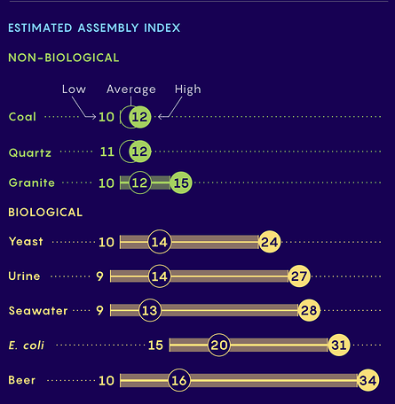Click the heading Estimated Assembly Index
tap(94, 27)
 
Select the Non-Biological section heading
tap(63, 58)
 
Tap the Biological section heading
tap(45, 213)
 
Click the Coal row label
tap(23, 117)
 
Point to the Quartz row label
tap(29, 151)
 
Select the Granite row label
tap(32, 183)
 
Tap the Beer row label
tap(22, 380)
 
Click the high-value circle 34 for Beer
tap(367, 380)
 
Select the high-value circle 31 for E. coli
tap(338, 346)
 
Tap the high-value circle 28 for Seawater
tap(309, 310)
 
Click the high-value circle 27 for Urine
tap(299, 276)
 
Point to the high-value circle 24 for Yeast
tap(270, 242)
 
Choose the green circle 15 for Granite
tap(181, 183)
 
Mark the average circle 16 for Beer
tap(178, 380)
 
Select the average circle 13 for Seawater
tap(150, 310)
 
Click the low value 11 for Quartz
tap(107, 151)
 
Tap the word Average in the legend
tap(130, 89)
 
